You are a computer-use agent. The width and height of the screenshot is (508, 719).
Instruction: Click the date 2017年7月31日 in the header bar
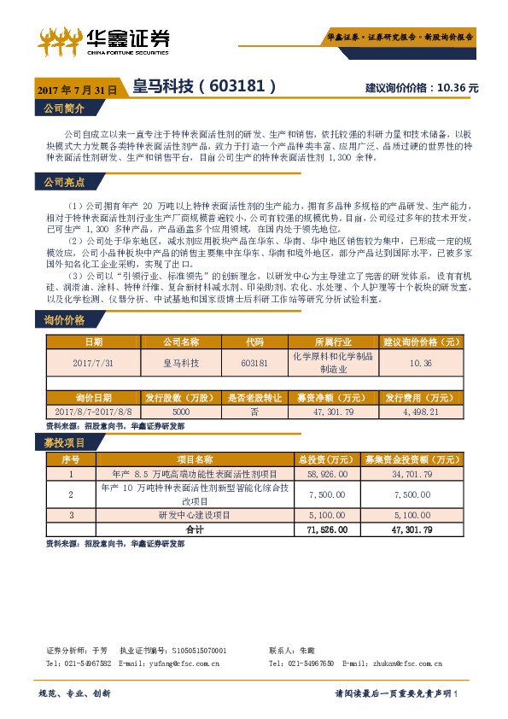pyautogui.click(x=76, y=89)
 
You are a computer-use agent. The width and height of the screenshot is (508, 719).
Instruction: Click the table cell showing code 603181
pyautogui.click(x=255, y=363)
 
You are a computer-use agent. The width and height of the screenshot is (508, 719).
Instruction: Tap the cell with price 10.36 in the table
pyautogui.click(x=421, y=363)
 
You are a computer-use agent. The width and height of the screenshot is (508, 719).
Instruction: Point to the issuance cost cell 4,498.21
pyautogui.click(x=421, y=412)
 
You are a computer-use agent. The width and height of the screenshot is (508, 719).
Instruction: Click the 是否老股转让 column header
pyautogui.click(x=255, y=398)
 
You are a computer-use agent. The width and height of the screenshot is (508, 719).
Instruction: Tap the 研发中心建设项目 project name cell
pyautogui.click(x=195, y=516)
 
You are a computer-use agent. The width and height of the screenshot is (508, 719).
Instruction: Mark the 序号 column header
pyautogui.click(x=70, y=459)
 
